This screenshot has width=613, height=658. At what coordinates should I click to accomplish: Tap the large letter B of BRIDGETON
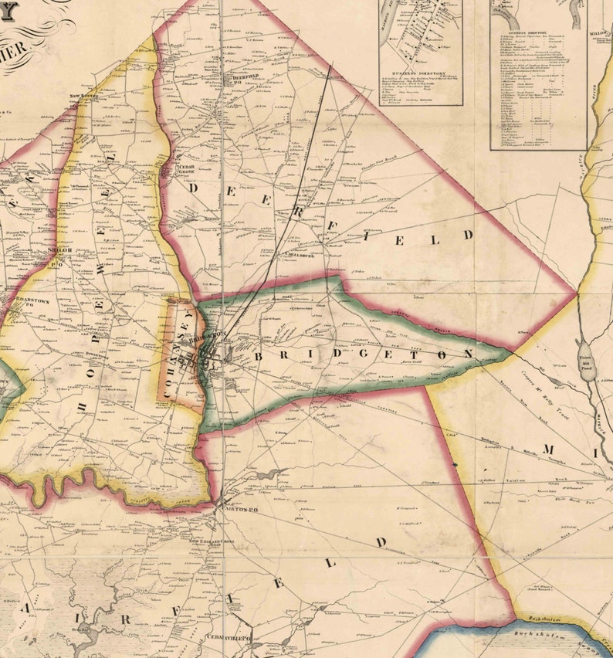pos(260,357)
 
